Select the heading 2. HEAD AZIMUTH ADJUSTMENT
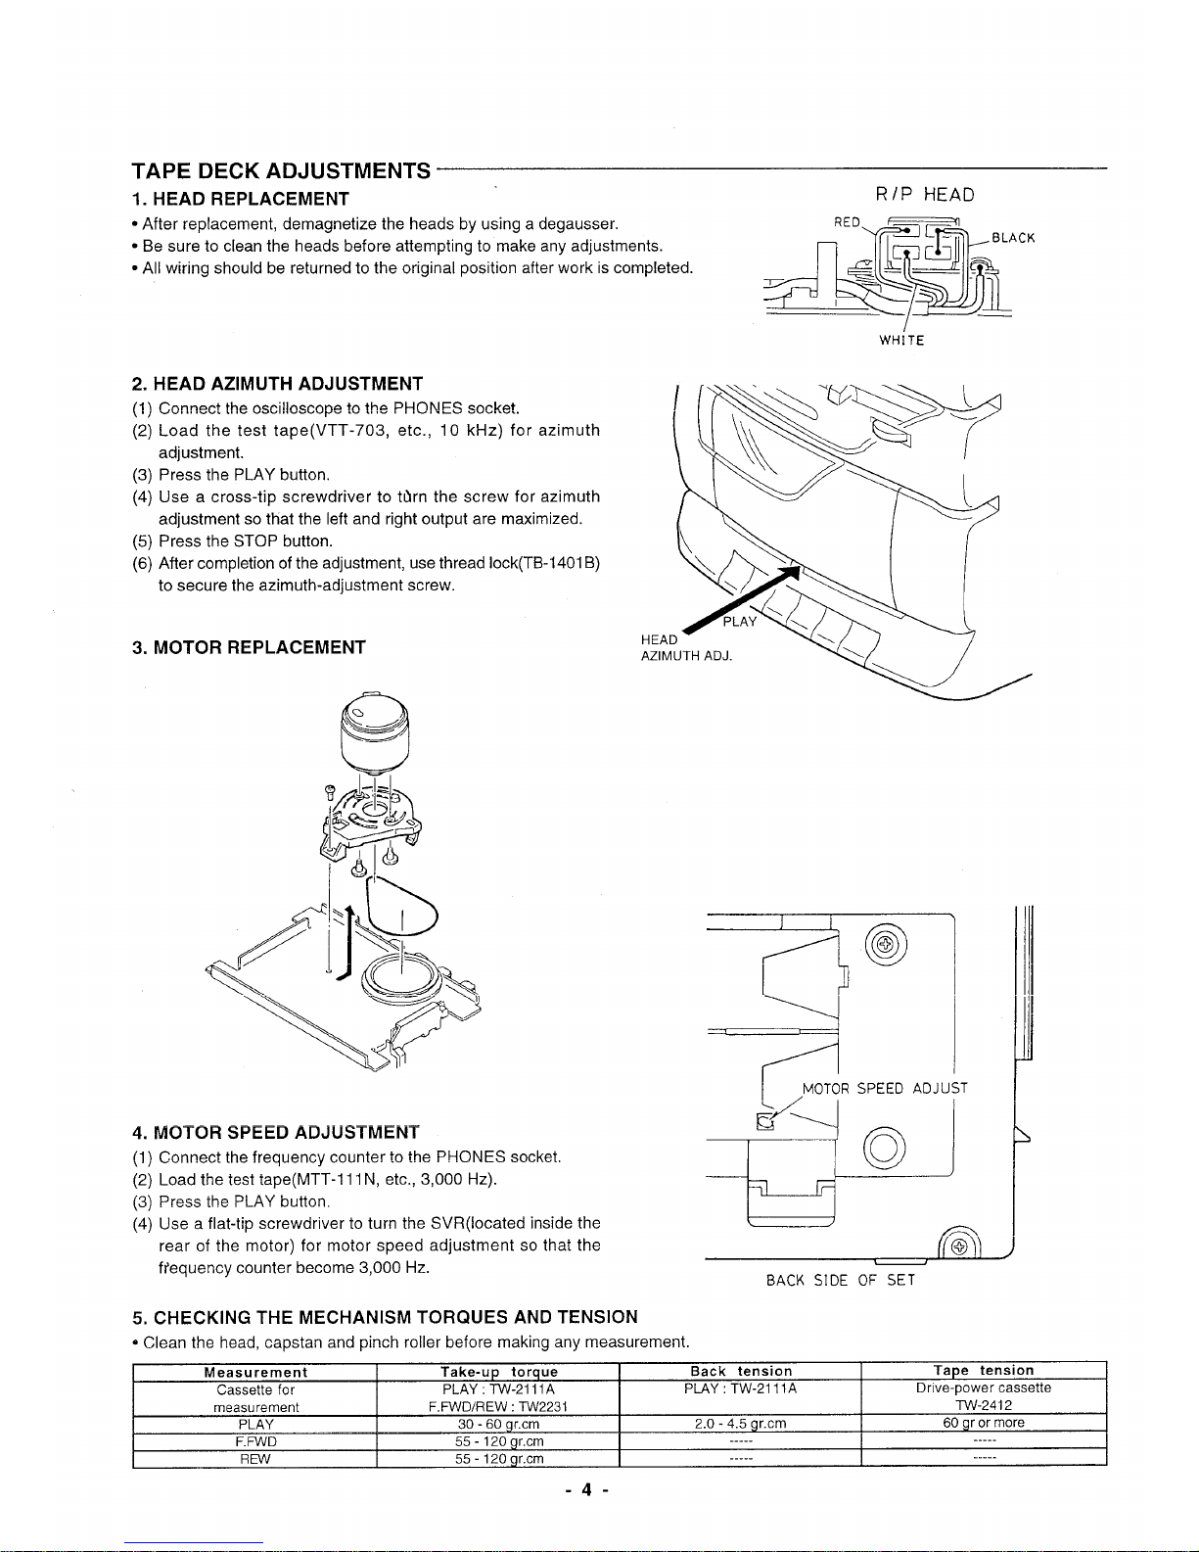point(277,382)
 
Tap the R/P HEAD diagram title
point(923,194)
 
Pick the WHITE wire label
point(901,341)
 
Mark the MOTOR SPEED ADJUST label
point(885,1088)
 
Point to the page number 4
point(586,1490)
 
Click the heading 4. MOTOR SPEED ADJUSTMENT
point(276,1133)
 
